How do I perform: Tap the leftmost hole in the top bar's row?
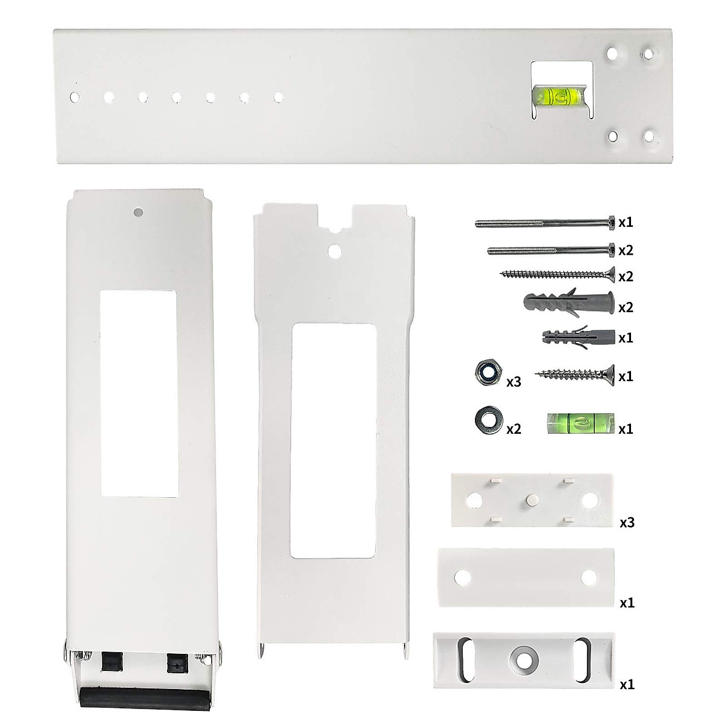click(75, 97)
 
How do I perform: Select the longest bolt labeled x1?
click(545, 222)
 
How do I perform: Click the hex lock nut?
click(486, 373)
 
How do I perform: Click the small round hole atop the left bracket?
click(138, 212)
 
